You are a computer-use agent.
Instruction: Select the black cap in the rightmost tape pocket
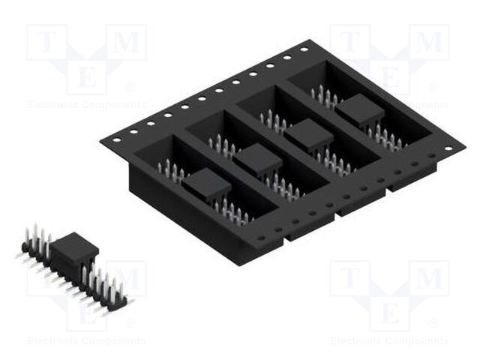tap(359, 112)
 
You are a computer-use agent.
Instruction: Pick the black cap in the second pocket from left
tap(257, 160)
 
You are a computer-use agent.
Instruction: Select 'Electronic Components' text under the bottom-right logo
tap(389, 341)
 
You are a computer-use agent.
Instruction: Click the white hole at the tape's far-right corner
tap(448, 148)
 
